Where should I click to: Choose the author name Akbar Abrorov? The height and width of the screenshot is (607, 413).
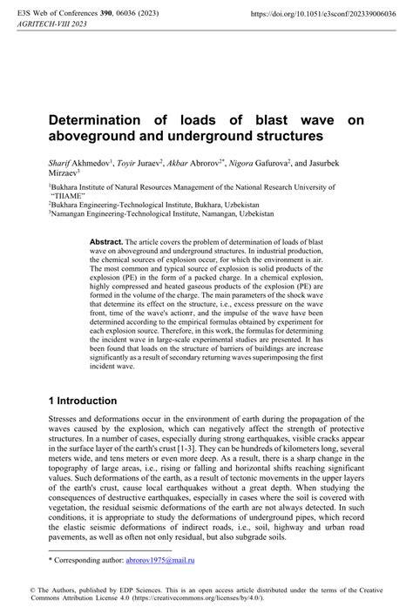click(200, 162)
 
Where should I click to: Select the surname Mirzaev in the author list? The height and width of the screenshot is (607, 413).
click(64, 172)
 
